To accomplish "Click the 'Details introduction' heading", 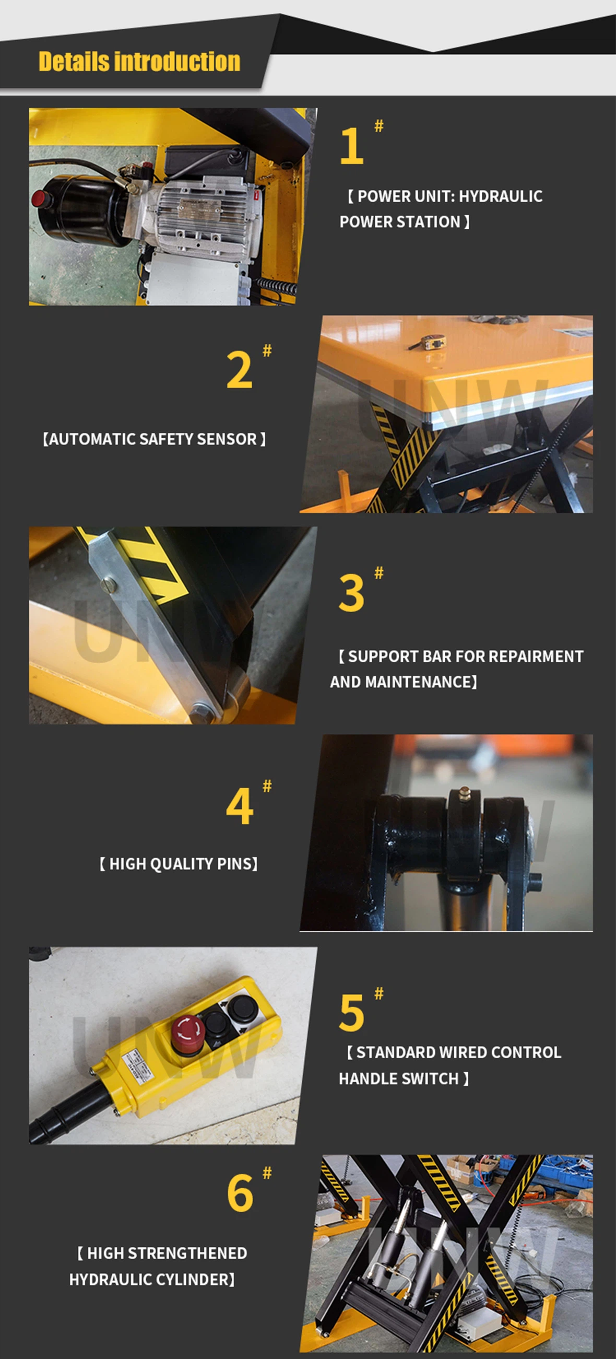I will pyautogui.click(x=139, y=62).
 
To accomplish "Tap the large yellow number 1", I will pyautogui.click(x=352, y=147).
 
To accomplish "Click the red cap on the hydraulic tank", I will pyautogui.click(x=38, y=199).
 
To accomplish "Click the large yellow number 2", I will pyautogui.click(x=239, y=371).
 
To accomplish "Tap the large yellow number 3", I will pyautogui.click(x=351, y=593).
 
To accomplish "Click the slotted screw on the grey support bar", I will pyautogui.click(x=108, y=584).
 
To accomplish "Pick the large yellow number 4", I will pyautogui.click(x=240, y=806).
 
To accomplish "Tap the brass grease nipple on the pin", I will pyautogui.click(x=465, y=792).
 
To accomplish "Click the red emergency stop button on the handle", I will pyautogui.click(x=186, y=1029).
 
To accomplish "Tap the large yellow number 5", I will pyautogui.click(x=351, y=1013).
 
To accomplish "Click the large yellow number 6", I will pyautogui.click(x=240, y=1194).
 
